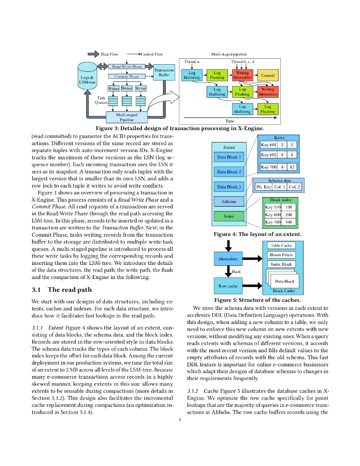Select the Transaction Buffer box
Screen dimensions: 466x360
point(164,72)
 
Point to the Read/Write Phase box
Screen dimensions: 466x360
point(127,67)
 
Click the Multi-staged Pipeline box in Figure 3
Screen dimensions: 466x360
point(127,117)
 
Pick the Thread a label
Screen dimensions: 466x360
point(192,61)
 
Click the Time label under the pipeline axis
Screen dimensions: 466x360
point(230,121)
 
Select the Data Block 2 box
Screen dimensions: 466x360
point(229,172)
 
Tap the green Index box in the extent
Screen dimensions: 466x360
point(229,216)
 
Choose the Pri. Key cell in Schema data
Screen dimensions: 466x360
point(264,187)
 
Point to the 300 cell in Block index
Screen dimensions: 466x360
point(289,222)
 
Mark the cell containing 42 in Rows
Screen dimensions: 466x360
point(292,167)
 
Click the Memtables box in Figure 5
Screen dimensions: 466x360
point(228,259)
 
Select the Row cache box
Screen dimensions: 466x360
point(228,286)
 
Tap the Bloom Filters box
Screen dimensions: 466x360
point(281,255)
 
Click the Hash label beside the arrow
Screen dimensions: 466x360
point(237,272)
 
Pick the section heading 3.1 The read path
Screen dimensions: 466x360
point(61,290)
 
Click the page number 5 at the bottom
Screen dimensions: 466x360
point(180,420)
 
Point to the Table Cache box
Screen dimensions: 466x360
point(281,245)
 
